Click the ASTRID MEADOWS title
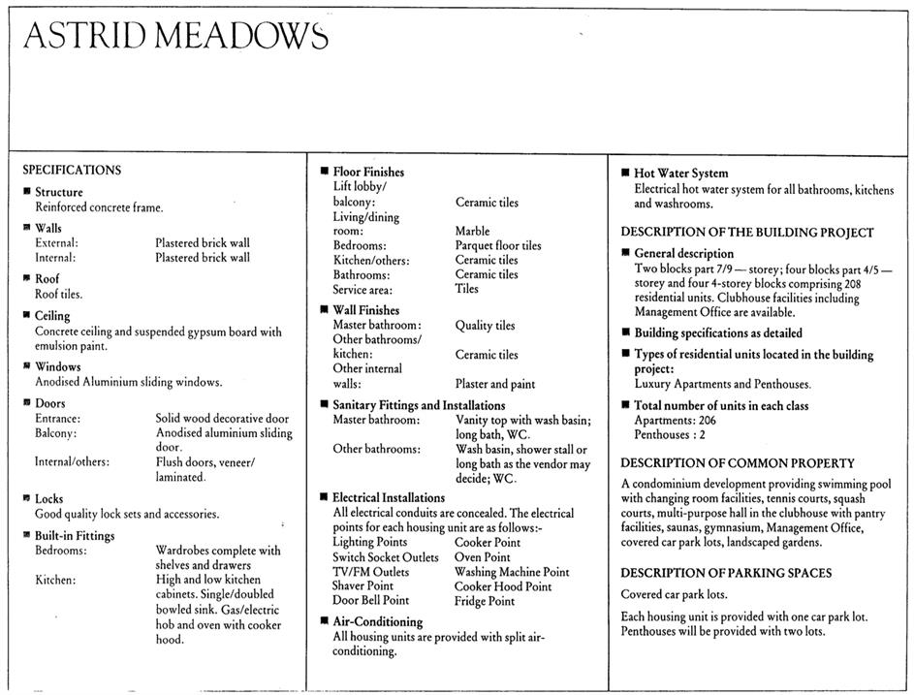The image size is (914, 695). pos(175,36)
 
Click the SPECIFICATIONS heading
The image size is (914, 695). pos(72,170)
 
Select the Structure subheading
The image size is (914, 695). pos(59,192)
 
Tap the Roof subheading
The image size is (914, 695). pos(47,279)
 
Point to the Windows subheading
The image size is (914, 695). pos(58,367)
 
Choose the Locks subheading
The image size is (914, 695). pos(49,499)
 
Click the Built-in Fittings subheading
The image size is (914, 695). pos(75,536)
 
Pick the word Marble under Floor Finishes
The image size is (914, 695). pos(472,232)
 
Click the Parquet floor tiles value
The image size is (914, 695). pos(498,246)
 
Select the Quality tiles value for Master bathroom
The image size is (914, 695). pos(485,326)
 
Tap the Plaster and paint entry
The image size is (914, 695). pos(494,384)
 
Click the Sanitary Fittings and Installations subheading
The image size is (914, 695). pos(419,405)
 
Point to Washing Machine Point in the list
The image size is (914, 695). pos(511,573)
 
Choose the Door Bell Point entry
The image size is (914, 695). pos(370,601)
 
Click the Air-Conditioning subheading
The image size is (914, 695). pos(378,622)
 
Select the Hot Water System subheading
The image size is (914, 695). pos(680,174)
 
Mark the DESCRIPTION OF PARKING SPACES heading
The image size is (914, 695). pos(726,573)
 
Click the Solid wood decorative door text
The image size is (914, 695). pos(222,419)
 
